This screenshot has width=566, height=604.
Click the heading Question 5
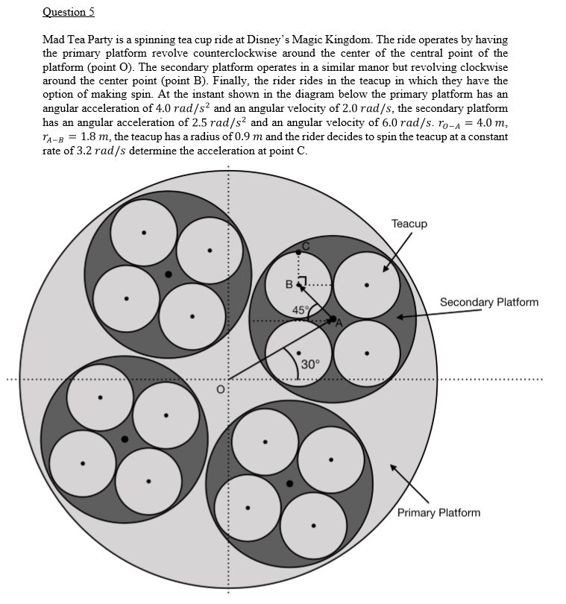point(69,12)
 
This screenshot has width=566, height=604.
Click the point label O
point(220,388)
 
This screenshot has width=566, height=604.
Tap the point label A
point(339,324)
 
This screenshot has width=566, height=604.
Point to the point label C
point(305,245)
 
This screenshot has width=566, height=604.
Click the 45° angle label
point(300,309)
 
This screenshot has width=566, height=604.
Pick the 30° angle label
point(311,364)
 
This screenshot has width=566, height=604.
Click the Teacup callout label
point(409,224)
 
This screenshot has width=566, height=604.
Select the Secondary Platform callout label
point(488,302)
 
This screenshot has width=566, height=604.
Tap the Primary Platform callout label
point(438,512)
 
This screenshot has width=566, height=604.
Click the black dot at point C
point(299,252)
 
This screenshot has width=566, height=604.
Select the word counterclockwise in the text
point(224,53)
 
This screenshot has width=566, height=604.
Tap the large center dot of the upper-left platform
point(169,274)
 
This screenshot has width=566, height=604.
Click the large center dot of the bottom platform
point(289,483)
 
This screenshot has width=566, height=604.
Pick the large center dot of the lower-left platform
point(125,439)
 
